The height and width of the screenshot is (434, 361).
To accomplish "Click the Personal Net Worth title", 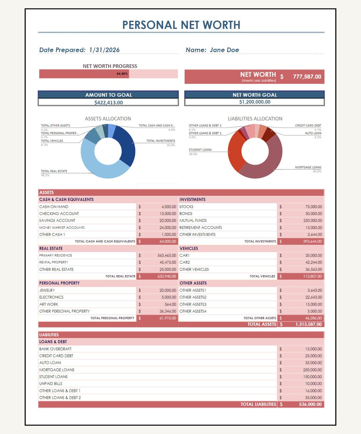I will (x=181, y=25).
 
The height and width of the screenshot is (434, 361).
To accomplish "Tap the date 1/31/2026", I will (x=104, y=50).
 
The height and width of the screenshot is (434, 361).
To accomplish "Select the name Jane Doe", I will (x=224, y=50).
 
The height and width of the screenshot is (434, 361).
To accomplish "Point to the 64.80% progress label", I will (x=122, y=74).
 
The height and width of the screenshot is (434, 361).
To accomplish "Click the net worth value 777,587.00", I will (x=307, y=77).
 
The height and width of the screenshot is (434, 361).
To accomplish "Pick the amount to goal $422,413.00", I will (x=108, y=103).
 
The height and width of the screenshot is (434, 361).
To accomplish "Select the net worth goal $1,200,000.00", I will (x=255, y=102).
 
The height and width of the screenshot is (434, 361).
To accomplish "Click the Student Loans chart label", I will (x=200, y=150).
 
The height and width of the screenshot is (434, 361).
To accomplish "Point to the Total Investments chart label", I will (x=160, y=141).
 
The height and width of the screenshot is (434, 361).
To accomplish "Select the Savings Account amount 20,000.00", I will (x=167, y=221).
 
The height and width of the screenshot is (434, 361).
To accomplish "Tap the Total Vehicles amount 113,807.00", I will (x=312, y=276).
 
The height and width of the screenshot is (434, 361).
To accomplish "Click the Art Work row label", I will (x=49, y=304).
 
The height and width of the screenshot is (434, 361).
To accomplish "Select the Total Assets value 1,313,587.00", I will (x=308, y=324).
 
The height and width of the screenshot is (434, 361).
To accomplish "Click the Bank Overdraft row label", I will (x=55, y=349).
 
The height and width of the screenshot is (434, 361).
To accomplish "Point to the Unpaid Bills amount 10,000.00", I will (x=313, y=384).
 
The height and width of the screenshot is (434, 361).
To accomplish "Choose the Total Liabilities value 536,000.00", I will (x=310, y=405).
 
